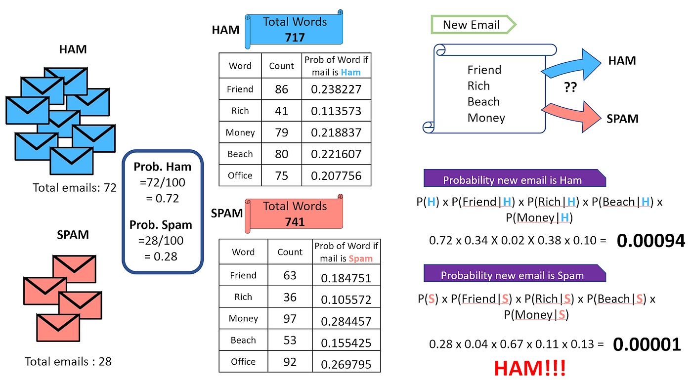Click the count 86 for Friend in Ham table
(x=281, y=89)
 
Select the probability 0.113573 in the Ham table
(x=336, y=111)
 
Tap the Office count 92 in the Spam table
(x=290, y=361)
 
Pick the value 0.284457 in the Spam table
(x=346, y=321)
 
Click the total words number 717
(x=295, y=37)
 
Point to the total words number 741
(x=295, y=222)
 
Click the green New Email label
(x=472, y=25)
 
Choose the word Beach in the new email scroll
(x=483, y=102)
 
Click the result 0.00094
(x=651, y=241)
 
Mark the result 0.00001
(x=647, y=344)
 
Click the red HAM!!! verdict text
(x=530, y=369)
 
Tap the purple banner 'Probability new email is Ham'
(x=513, y=180)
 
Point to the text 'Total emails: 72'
(x=74, y=188)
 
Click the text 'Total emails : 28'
(x=68, y=362)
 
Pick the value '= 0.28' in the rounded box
(x=161, y=257)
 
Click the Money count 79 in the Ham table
(x=281, y=132)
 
